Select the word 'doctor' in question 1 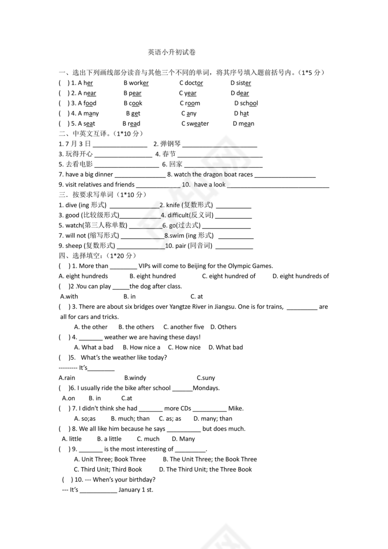point(194,83)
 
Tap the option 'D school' point(246,103)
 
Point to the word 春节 point(169,154)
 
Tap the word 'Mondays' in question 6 point(206,388)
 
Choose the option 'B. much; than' point(130,419)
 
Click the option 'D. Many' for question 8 point(183,439)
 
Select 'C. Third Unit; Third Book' point(108,470)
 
